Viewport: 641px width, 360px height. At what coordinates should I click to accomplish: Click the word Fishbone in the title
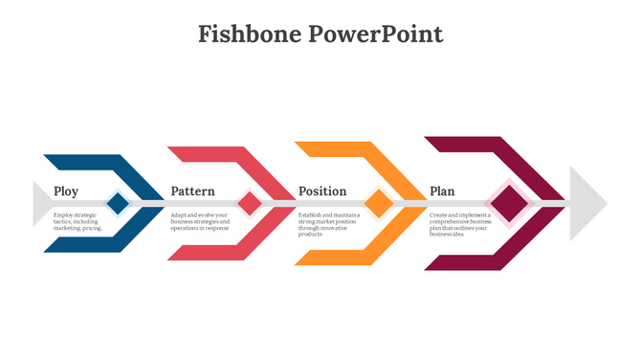click(250, 34)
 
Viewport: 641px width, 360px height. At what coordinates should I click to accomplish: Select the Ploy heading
click(66, 191)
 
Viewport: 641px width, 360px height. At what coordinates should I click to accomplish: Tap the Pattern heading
click(192, 191)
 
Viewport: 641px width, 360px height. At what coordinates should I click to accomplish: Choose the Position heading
click(322, 191)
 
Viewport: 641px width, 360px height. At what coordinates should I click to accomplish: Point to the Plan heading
click(442, 191)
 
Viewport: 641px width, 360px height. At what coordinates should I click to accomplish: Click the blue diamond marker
click(118, 203)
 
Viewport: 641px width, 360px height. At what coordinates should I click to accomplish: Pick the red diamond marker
click(250, 203)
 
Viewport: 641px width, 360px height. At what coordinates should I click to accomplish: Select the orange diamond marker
click(380, 203)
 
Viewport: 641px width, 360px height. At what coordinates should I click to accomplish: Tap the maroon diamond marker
click(511, 203)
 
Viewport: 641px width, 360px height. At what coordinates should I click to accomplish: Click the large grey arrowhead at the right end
click(587, 203)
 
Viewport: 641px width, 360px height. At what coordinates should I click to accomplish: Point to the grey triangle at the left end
click(41, 203)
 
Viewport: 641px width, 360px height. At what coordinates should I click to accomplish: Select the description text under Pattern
click(200, 222)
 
